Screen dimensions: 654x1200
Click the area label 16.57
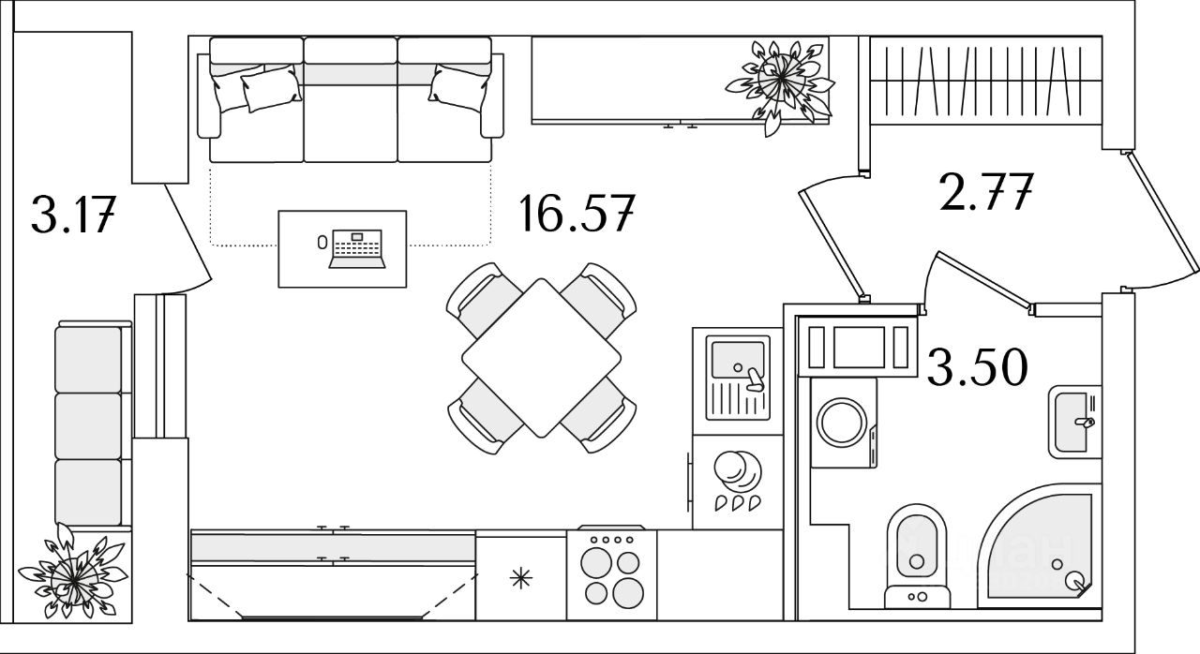(577, 215)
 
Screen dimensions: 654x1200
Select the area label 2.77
(984, 194)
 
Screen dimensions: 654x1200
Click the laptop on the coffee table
(356, 248)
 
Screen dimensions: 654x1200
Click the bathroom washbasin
(1072, 422)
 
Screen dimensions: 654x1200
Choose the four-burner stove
(611, 573)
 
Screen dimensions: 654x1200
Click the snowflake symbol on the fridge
(521, 578)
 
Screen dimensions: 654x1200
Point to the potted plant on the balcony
(73, 573)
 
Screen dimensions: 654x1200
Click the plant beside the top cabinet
(779, 82)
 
